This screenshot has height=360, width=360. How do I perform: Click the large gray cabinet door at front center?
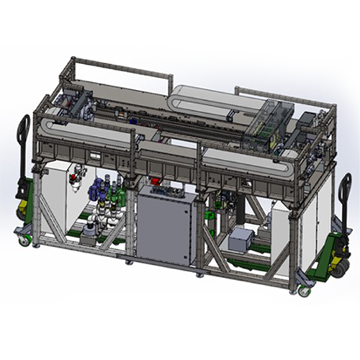pyautogui.click(x=164, y=226)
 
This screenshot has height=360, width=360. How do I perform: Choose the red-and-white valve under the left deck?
pyautogui.click(x=77, y=175)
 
